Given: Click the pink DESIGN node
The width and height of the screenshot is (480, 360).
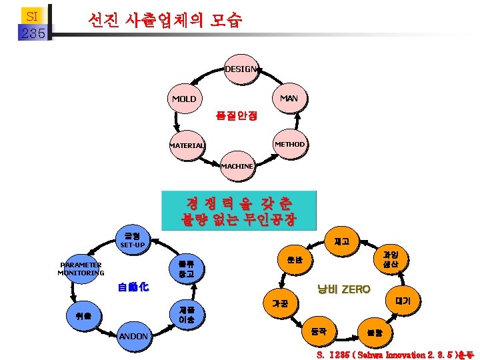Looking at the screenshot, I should tap(240, 70).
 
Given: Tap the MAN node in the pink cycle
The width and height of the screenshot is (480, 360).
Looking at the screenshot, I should tap(288, 99).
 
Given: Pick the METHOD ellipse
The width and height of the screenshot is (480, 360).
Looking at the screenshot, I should tap(289, 144).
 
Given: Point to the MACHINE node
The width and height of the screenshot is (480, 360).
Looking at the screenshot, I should tap(237, 166).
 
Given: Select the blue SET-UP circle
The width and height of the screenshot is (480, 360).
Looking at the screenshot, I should tap(133, 240).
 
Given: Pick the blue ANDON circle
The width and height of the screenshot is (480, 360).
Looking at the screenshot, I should tap(133, 337).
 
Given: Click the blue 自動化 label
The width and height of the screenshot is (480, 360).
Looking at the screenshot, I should tap(133, 287).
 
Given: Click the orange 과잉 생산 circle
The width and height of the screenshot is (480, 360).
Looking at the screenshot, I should tap(390, 259).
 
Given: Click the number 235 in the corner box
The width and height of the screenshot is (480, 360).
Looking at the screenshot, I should tap(33, 33).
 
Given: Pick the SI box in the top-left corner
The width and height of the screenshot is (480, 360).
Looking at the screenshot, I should tap(33, 14).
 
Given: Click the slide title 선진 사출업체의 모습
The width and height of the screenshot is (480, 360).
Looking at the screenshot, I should tap(165, 21).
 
